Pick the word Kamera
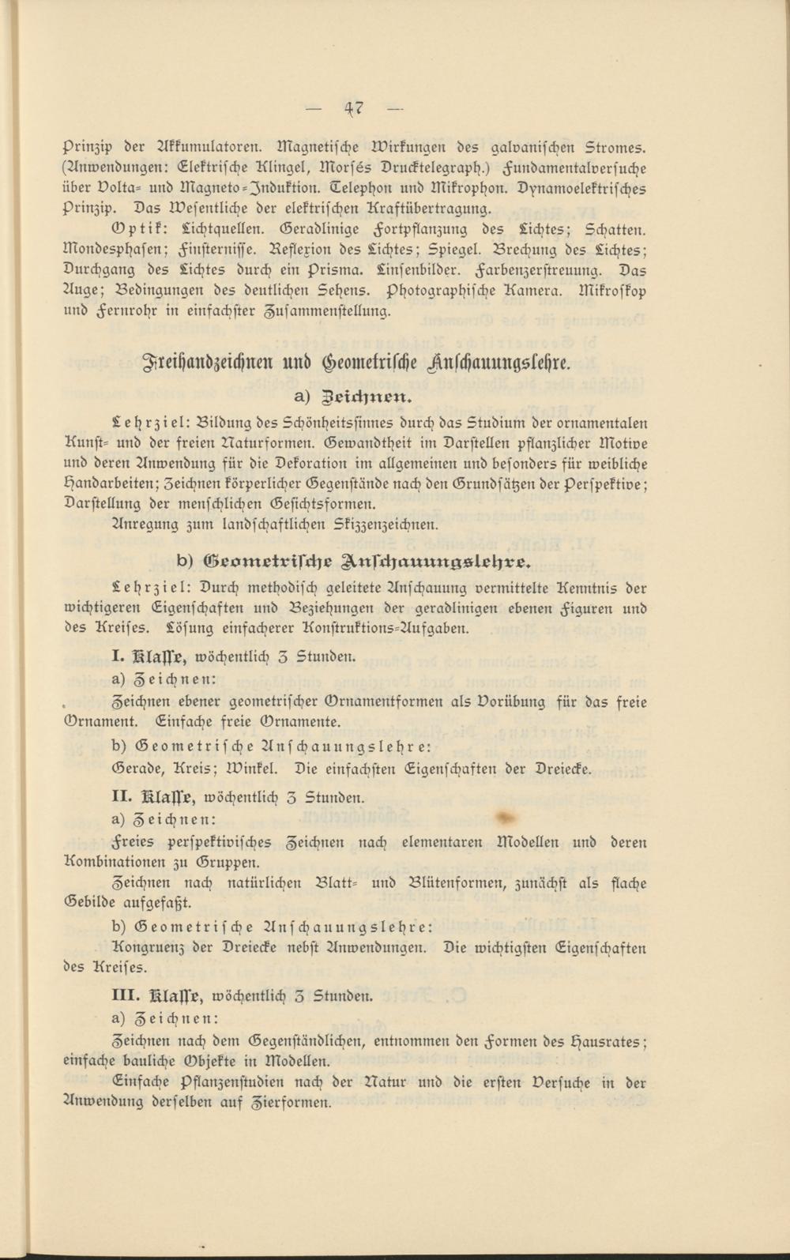tap(536, 290)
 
